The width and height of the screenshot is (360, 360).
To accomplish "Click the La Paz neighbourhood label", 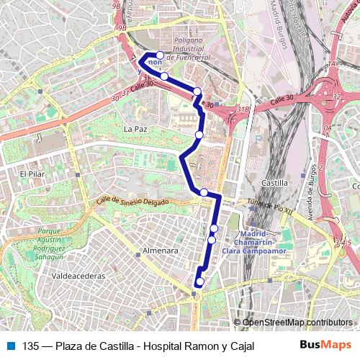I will click(x=135, y=129).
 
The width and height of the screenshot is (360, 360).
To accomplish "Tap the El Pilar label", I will click(x=33, y=174).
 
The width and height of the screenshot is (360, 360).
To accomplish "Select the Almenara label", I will click(x=161, y=251).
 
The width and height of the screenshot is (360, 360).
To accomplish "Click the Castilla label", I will click(x=276, y=184).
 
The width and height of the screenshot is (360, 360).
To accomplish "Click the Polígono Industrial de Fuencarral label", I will click(x=199, y=48).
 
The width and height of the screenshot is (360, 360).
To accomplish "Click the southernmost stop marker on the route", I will click(x=199, y=282).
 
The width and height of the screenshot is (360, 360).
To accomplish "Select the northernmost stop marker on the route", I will click(x=160, y=55).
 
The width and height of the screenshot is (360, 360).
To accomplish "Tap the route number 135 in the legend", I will click(x=30, y=346).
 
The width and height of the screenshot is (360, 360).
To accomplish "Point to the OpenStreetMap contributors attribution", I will click(x=297, y=322).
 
